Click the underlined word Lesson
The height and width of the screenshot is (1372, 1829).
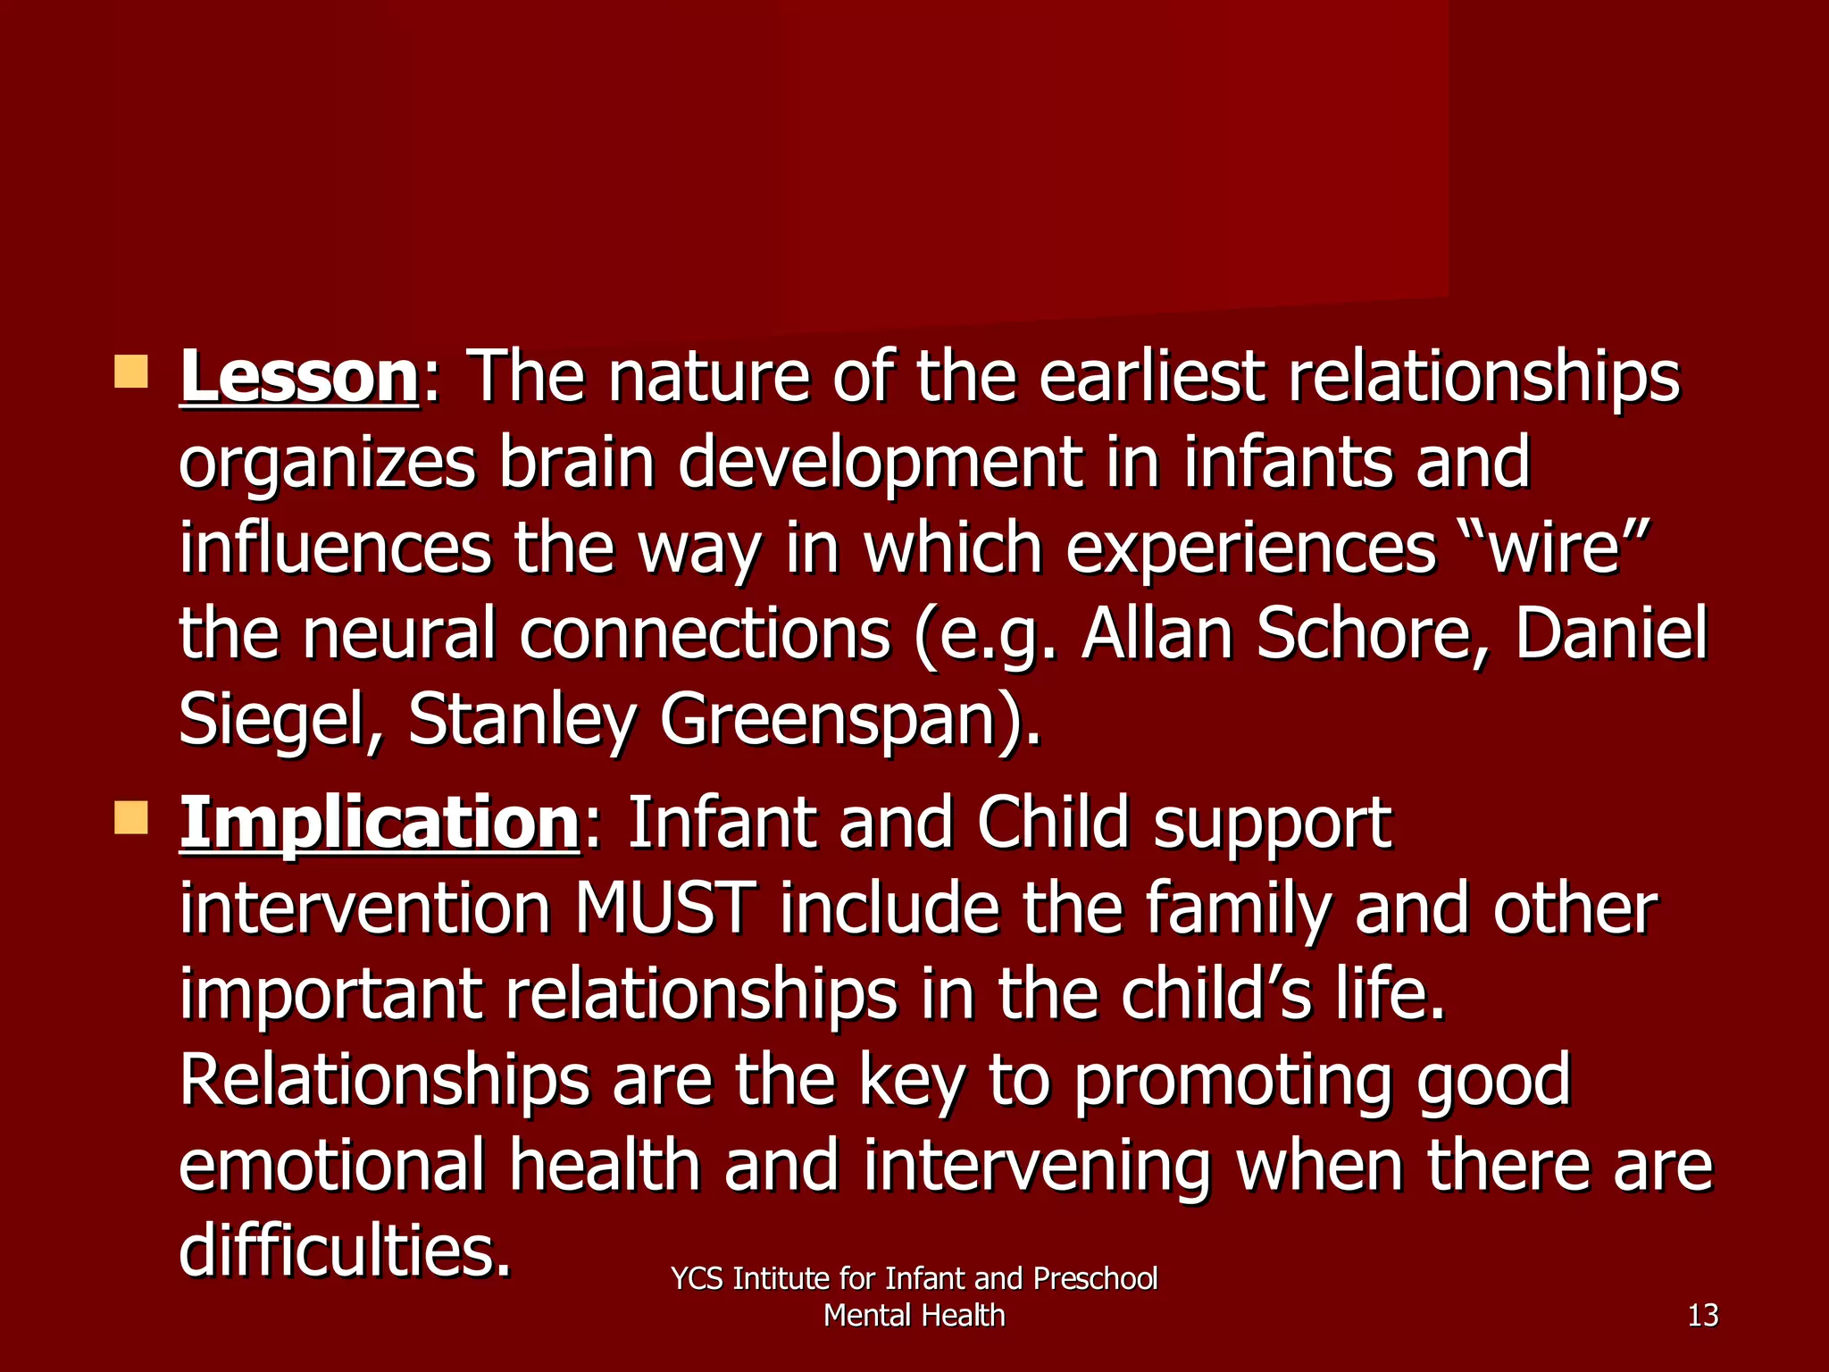(298, 378)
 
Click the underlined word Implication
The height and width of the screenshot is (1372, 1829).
(380, 824)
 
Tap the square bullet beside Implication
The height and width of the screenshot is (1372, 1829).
(131, 817)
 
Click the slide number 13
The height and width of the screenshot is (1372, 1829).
(1702, 1316)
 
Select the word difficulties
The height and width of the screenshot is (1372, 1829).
(345, 1251)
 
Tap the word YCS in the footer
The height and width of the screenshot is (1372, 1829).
(697, 1279)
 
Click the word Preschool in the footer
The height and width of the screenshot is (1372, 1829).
(1095, 1279)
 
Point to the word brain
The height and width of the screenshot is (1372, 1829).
(577, 463)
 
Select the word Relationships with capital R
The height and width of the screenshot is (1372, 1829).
(384, 1080)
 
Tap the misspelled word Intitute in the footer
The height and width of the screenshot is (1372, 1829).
(781, 1279)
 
